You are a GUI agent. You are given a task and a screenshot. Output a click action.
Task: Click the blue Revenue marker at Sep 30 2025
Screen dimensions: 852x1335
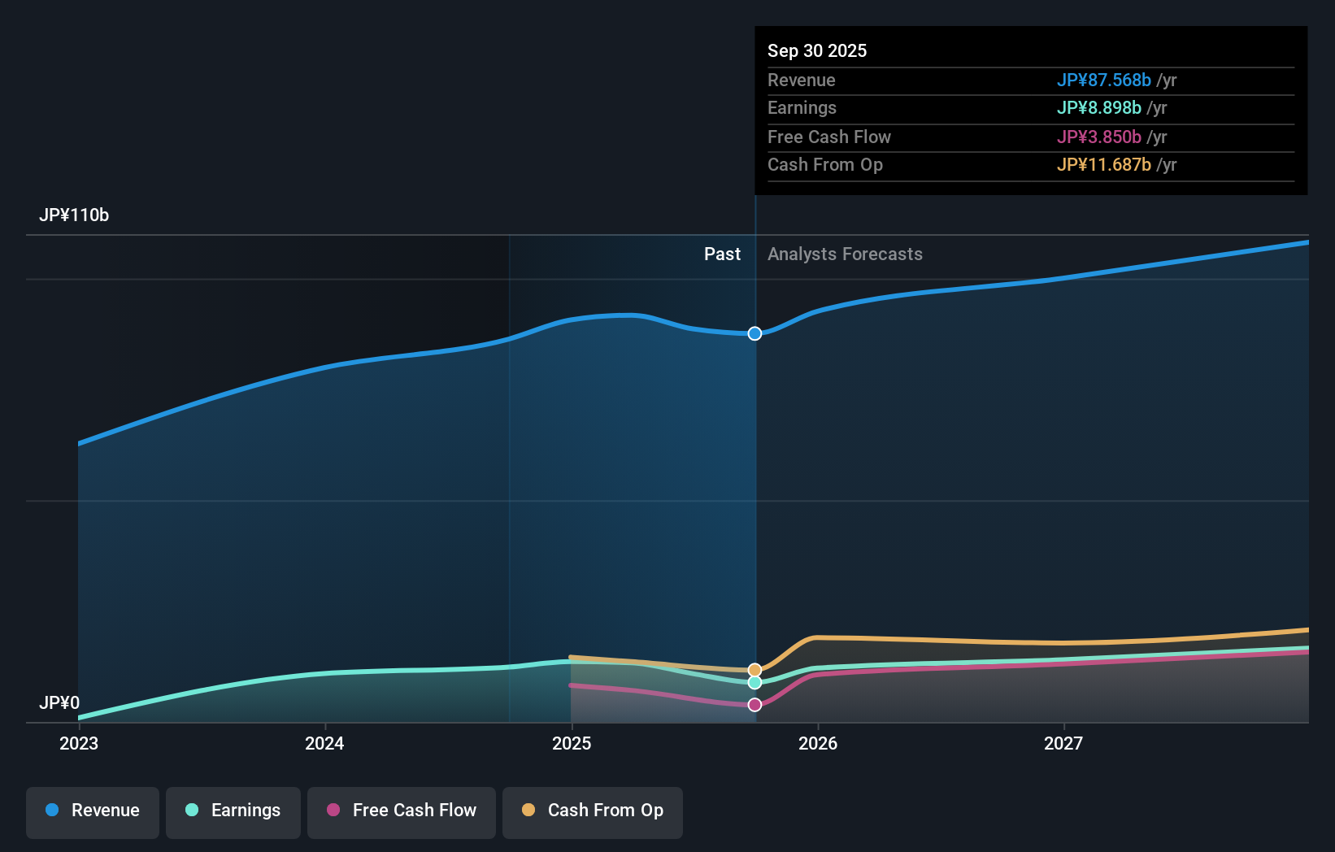pyautogui.click(x=754, y=333)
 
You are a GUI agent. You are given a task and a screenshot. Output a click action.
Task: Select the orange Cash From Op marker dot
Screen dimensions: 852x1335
pyautogui.click(x=754, y=670)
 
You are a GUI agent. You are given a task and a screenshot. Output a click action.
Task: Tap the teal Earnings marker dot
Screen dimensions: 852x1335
pyautogui.click(x=754, y=683)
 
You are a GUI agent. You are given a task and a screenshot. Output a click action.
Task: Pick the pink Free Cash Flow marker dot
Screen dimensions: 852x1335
pyautogui.click(x=754, y=705)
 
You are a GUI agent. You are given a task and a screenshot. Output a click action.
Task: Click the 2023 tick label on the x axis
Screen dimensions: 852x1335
pyautogui.click(x=79, y=743)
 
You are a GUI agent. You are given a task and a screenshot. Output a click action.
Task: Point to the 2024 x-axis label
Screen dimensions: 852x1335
pyautogui.click(x=324, y=743)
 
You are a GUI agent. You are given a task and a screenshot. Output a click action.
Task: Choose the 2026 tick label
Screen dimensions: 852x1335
pyautogui.click(x=818, y=743)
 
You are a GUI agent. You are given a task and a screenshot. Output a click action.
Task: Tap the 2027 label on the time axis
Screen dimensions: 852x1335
pyautogui.click(x=1063, y=743)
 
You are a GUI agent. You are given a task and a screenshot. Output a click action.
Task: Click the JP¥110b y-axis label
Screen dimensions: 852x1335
pyautogui.click(x=74, y=215)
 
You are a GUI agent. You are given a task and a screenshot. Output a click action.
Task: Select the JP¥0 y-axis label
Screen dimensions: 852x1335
pyautogui.click(x=59, y=702)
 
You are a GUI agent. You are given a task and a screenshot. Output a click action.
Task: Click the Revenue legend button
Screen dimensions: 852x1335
pyautogui.click(x=93, y=811)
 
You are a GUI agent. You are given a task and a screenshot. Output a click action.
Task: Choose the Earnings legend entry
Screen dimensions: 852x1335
pyautogui.click(x=233, y=811)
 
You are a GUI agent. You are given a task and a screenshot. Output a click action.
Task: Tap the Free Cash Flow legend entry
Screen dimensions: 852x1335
pyautogui.click(x=402, y=811)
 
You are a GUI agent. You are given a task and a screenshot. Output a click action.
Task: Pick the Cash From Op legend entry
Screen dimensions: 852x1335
pyautogui.click(x=593, y=811)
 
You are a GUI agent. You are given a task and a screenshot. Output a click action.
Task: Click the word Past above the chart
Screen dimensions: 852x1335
pyautogui.click(x=722, y=254)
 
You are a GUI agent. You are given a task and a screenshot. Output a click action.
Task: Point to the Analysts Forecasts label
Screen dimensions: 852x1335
pyautogui.click(x=845, y=254)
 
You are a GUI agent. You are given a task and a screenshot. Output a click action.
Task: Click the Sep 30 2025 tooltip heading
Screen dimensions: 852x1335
pyautogui.click(x=817, y=50)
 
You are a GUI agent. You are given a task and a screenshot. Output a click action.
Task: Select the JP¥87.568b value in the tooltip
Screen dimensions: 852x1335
pyautogui.click(x=1103, y=80)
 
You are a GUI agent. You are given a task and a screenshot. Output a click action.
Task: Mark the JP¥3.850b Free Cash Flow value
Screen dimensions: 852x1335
pyautogui.click(x=1098, y=137)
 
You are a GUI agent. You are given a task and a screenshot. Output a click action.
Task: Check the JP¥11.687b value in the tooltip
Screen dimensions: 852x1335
pyautogui.click(x=1103, y=164)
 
